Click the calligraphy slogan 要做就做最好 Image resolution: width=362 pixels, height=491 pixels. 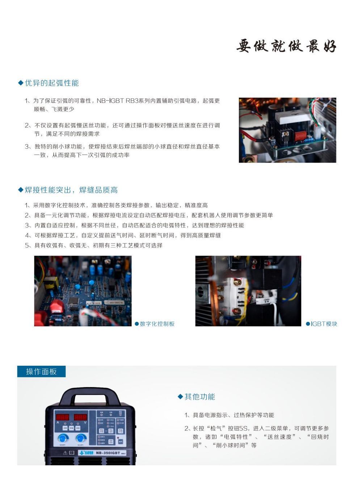click(286, 46)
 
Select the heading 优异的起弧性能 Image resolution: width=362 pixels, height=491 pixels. click(51, 83)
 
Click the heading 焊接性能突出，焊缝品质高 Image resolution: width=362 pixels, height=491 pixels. click(71, 190)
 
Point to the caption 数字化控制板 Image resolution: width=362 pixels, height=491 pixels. click(157, 324)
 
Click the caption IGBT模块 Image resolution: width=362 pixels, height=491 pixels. click(324, 324)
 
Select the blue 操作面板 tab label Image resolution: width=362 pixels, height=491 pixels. click(41, 372)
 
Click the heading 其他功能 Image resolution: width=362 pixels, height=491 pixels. click(199, 396)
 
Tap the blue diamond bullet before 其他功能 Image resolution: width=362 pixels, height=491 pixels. click(180, 396)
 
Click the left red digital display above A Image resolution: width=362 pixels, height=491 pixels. click(62, 417)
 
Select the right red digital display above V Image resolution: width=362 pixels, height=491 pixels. click(80, 417)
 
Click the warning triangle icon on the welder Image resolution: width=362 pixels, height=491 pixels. click(65, 453)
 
